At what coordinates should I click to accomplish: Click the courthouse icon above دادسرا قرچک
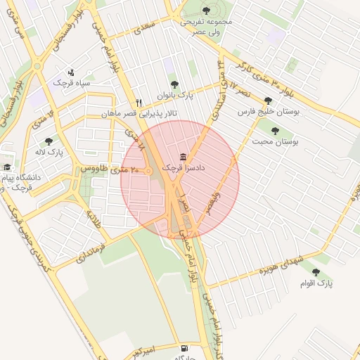click(x=184, y=155)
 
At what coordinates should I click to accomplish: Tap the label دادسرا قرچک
click(x=183, y=168)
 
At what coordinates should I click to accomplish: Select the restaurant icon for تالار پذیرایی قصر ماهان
click(x=139, y=103)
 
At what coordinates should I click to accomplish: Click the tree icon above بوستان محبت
click(x=274, y=131)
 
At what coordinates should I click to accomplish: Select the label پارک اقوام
click(x=316, y=283)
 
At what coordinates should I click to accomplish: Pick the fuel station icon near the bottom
click(x=184, y=347)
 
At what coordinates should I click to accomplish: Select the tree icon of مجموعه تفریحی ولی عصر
click(x=206, y=10)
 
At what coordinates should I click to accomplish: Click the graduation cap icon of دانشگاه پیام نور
click(x=7, y=167)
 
